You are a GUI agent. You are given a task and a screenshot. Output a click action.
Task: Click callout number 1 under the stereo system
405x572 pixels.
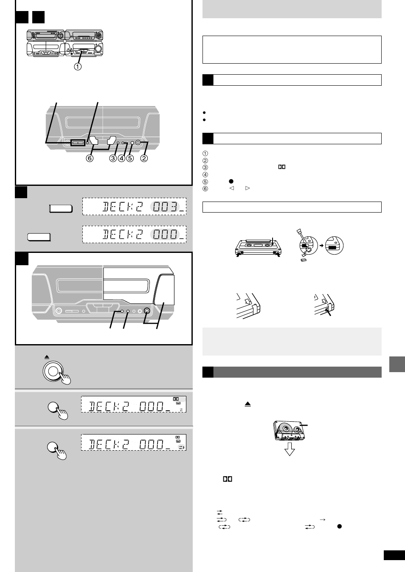pyautogui.click(x=78, y=66)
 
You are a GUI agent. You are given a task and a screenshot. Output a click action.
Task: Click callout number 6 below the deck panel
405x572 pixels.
pyautogui.click(x=90, y=158)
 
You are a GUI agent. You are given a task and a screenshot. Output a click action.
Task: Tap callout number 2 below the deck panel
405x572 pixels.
pyautogui.click(x=144, y=158)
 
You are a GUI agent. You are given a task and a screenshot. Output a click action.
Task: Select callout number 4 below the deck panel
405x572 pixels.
pyautogui.click(x=121, y=158)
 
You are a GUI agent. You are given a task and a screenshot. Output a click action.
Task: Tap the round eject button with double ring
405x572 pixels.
pyautogui.click(x=53, y=371)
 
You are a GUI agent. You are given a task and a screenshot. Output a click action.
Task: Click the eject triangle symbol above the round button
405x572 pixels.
pyautogui.click(x=47, y=357)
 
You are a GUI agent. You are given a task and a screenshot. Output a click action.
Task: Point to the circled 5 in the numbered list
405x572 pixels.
pyautogui.click(x=205, y=182)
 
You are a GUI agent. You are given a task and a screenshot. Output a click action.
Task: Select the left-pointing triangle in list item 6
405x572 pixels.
pyautogui.click(x=232, y=188)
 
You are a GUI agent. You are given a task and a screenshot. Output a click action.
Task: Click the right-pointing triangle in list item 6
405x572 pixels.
pyautogui.click(x=248, y=188)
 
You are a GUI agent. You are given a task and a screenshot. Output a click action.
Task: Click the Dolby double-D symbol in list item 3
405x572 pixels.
pyautogui.click(x=281, y=167)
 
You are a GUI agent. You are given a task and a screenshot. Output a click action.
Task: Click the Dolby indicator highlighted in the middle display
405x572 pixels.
pyautogui.click(x=177, y=399)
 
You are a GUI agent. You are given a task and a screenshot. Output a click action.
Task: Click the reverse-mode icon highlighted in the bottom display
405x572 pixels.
pyautogui.click(x=181, y=447)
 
